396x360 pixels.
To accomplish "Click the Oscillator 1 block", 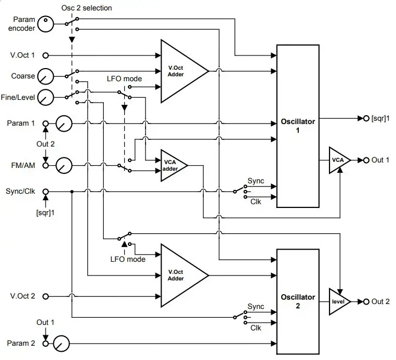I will click(x=298, y=126).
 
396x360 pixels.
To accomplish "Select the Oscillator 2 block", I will click(x=298, y=301).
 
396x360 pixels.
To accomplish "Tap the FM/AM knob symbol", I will click(x=64, y=165).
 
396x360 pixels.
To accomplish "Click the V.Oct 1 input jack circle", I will click(x=46, y=55).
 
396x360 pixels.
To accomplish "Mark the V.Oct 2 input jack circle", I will click(x=46, y=296).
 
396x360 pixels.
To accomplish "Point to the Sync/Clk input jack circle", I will click(x=46, y=192).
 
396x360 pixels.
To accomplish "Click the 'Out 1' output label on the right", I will click(x=380, y=160).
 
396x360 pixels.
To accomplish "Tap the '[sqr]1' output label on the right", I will click(x=381, y=118).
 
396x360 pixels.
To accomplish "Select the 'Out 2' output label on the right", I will click(x=380, y=301).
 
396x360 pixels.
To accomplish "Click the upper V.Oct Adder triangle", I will click(x=180, y=71).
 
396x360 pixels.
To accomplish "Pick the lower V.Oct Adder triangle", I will click(x=180, y=274).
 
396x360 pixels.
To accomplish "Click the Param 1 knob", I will click(x=64, y=123).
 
